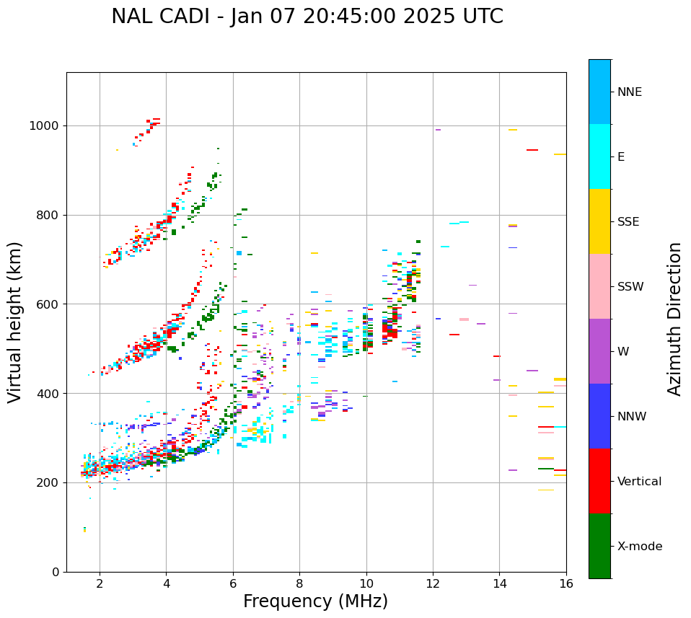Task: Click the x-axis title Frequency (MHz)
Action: click(315, 601)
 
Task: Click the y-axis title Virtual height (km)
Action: click(15, 322)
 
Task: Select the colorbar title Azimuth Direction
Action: click(674, 319)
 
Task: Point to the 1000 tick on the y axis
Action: click(47, 125)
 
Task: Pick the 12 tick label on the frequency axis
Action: click(433, 583)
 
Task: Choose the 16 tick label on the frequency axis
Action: click(565, 583)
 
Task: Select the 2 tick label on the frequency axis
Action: click(100, 583)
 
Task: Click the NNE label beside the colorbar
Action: click(629, 92)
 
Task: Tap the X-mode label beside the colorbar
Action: click(639, 547)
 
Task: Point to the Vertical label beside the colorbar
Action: click(639, 482)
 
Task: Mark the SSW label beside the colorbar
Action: click(630, 287)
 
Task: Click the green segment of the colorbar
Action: click(599, 546)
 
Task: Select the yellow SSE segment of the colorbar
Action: click(599, 221)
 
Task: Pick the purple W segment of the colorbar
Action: click(599, 351)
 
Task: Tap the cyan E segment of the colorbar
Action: click(599, 156)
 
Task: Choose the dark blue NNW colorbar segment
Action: click(599, 416)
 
